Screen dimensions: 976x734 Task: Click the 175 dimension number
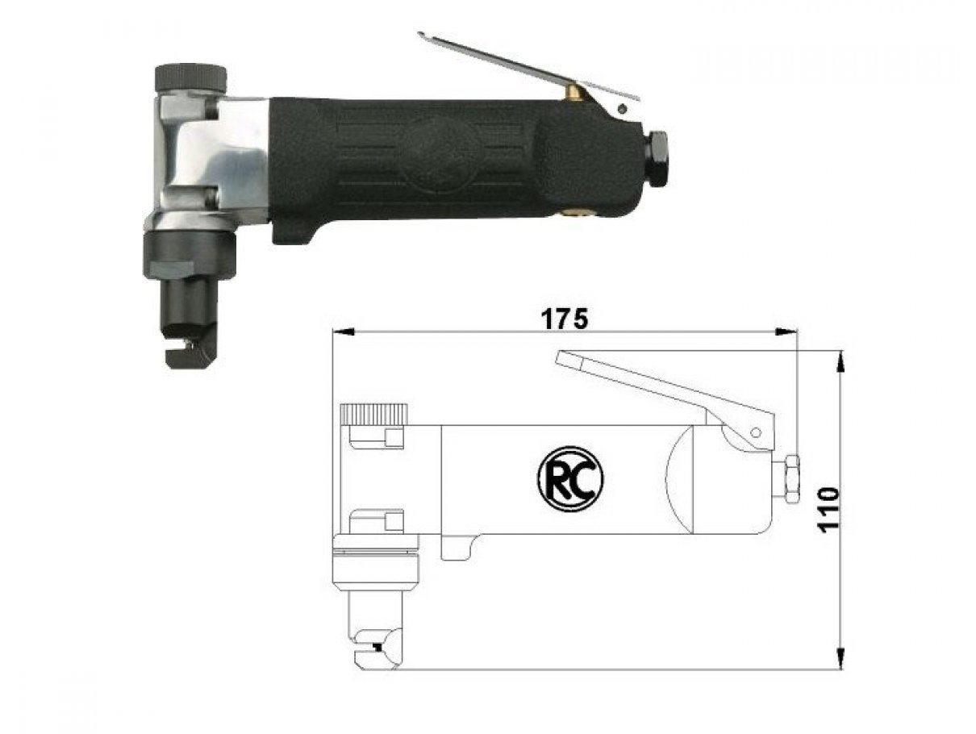[565, 319]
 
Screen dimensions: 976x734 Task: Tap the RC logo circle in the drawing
[570, 478]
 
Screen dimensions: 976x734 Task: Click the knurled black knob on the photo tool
[190, 78]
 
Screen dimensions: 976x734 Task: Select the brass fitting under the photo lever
[574, 93]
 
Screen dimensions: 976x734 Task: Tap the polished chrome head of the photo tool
[209, 160]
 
